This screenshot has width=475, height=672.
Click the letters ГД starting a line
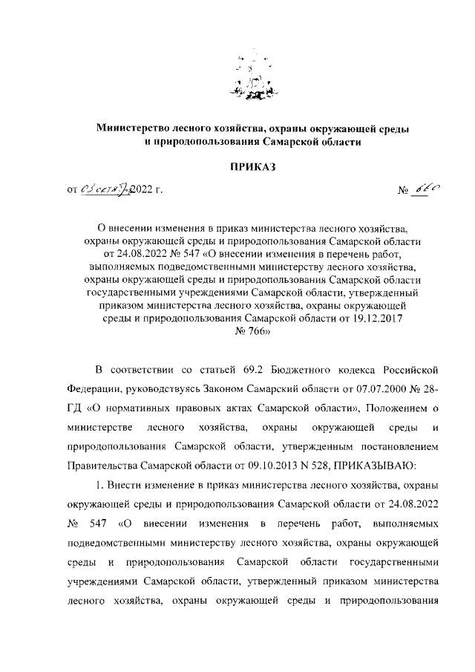[x=74, y=409]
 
